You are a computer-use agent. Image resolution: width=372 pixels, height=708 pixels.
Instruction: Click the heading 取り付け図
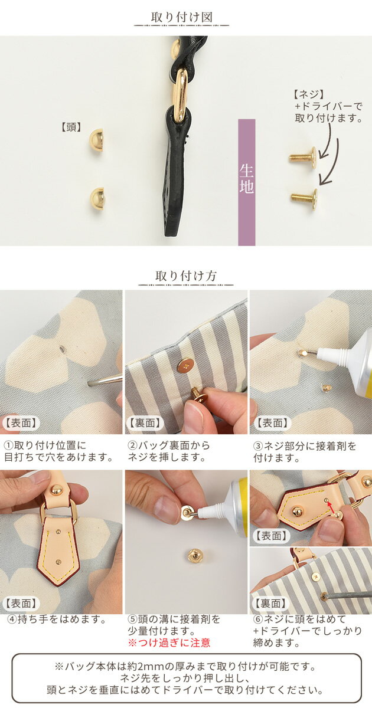pos(181,17)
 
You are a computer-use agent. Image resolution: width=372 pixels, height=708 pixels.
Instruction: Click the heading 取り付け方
pos(185,276)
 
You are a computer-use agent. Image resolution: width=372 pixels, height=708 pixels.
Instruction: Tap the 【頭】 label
pos(70,127)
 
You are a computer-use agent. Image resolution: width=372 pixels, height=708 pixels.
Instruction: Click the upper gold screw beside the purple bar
pos(303,156)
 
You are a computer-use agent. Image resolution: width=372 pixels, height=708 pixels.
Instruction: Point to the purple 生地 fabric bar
pos(247,182)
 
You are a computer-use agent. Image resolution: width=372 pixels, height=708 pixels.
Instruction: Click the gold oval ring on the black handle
pos(181,95)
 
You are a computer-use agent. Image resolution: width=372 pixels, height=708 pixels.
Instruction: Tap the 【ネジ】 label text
pos(308,94)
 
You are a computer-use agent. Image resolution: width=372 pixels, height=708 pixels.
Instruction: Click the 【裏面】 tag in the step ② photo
pos(145,423)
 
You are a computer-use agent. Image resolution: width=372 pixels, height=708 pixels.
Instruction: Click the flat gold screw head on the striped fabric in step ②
pos(185,366)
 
